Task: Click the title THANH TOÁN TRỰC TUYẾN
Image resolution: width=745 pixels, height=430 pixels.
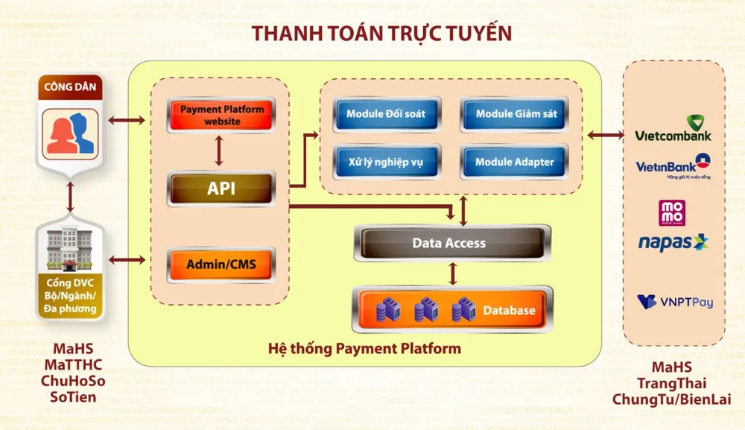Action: click(381, 34)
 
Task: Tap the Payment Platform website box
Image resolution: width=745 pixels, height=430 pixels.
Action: click(221, 116)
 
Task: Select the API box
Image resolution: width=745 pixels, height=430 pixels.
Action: click(221, 189)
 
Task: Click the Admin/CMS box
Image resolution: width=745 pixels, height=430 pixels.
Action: click(221, 263)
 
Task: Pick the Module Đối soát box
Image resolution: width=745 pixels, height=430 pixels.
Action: click(386, 114)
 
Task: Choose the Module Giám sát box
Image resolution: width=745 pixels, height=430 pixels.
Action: click(516, 114)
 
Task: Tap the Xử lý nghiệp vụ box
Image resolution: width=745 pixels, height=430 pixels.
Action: click(386, 161)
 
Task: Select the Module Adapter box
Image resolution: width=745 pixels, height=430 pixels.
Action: click(515, 161)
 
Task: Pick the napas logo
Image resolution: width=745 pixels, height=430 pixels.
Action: click(673, 242)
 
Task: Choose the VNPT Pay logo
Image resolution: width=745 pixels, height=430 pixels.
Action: click(674, 302)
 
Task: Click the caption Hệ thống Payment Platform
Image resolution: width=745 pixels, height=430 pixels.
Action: click(364, 348)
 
